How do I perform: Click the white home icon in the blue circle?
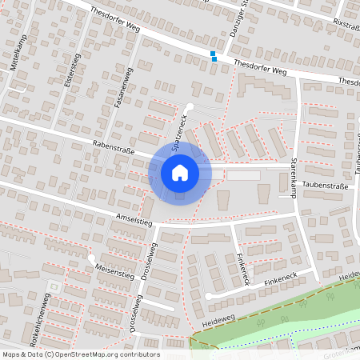[x=180, y=172]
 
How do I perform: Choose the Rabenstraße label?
[x=114, y=146]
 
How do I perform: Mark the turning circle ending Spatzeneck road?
[x=190, y=106]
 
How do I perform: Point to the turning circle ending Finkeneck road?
[x=209, y=296]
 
